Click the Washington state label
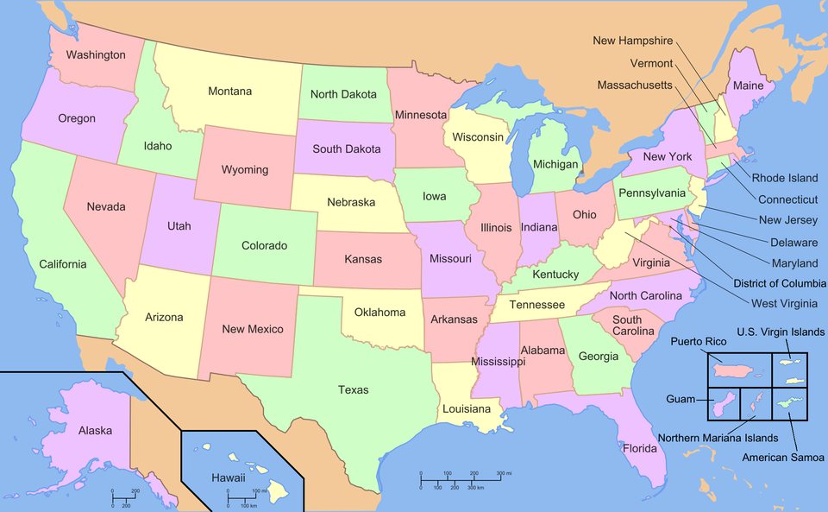pyautogui.click(x=96, y=55)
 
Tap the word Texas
pyautogui.click(x=353, y=390)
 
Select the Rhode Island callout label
pyautogui.click(x=785, y=178)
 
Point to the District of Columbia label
pyautogui.click(x=780, y=283)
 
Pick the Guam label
pyautogui.click(x=681, y=400)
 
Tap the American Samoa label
pyautogui.click(x=782, y=458)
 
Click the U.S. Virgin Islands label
pyautogui.click(x=781, y=332)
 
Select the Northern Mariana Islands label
pyautogui.click(x=718, y=438)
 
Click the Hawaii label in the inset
pyautogui.click(x=229, y=477)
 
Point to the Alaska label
pyautogui.click(x=95, y=430)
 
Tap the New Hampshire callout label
pyautogui.click(x=632, y=41)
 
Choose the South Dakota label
pyautogui.click(x=347, y=149)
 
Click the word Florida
pyautogui.click(x=639, y=448)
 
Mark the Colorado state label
pyautogui.click(x=264, y=246)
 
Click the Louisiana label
pyautogui.click(x=467, y=408)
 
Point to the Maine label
pyautogui.click(x=748, y=85)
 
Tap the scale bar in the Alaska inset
pyautogui.click(x=124, y=497)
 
